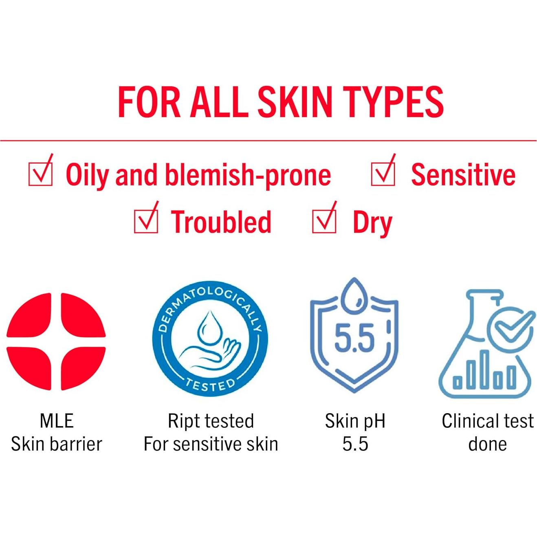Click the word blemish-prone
click(248, 176)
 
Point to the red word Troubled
click(221, 222)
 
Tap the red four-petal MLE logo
click(56, 342)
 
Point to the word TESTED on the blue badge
click(210, 385)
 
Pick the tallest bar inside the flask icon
click(486, 370)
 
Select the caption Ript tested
click(211, 421)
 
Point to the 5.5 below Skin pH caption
click(355, 444)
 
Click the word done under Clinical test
click(487, 444)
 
